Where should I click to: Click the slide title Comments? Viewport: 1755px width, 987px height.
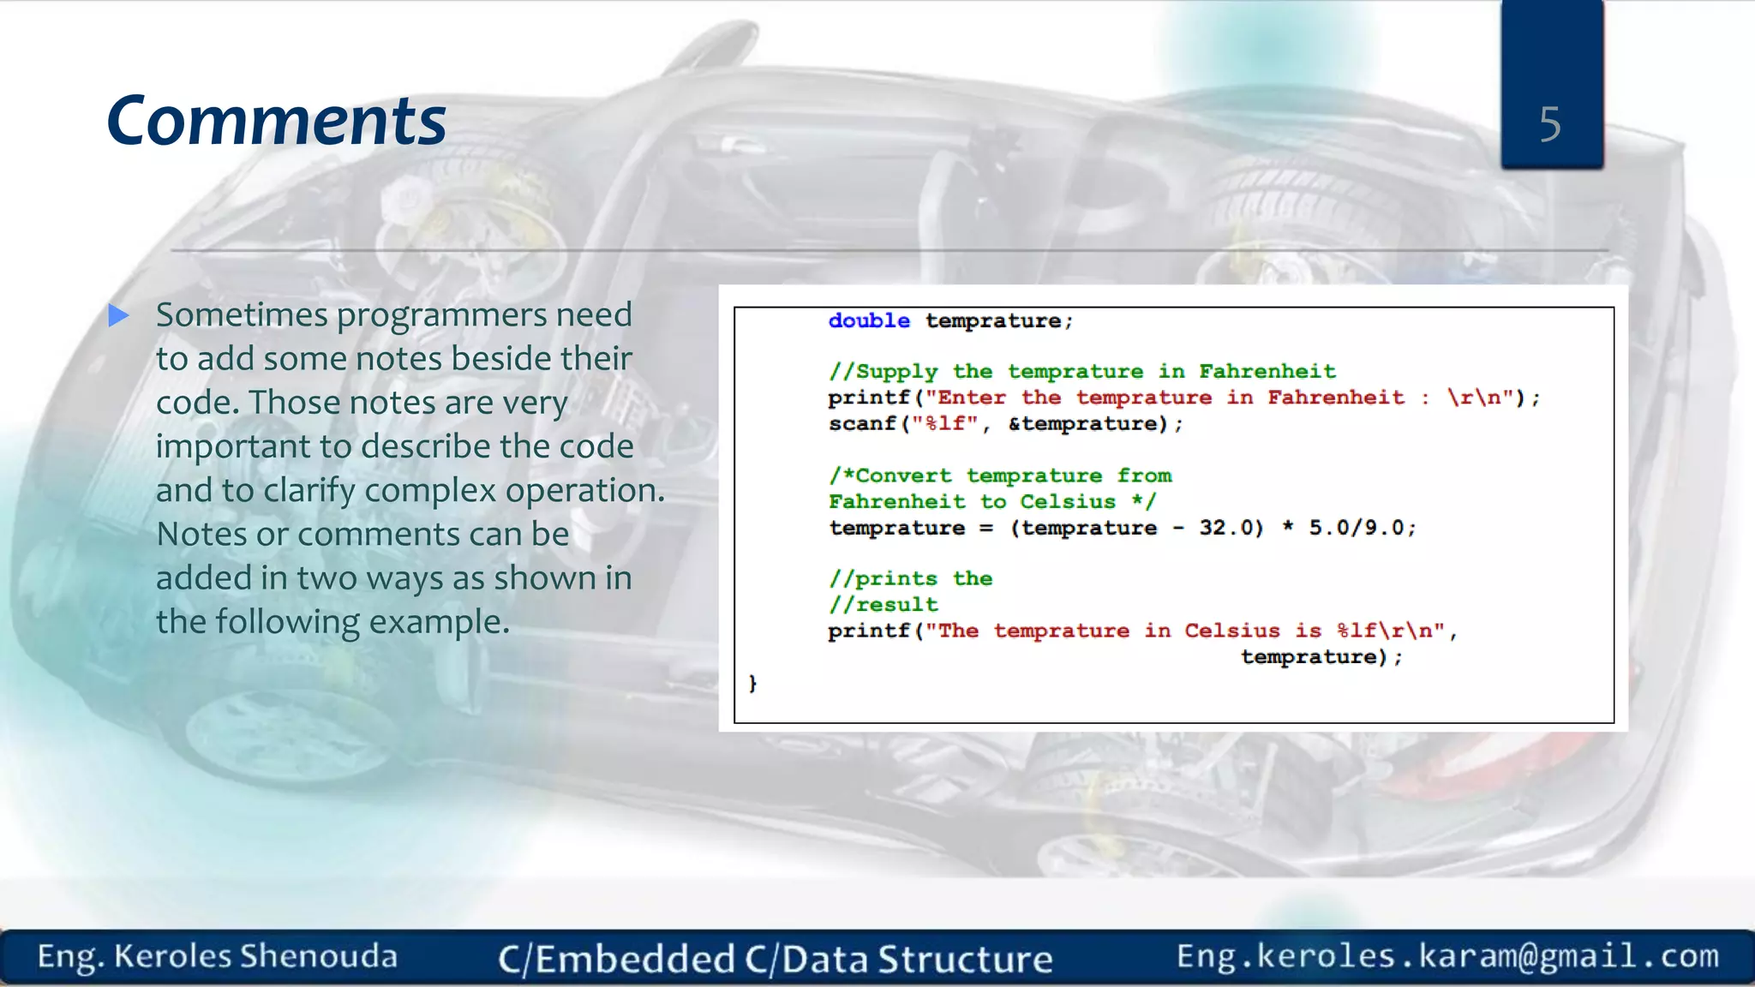coord(276,122)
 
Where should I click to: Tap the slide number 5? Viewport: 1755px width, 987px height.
coord(1549,125)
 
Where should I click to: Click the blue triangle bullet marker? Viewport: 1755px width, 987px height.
coord(119,316)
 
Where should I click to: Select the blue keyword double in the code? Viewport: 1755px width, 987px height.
coord(868,321)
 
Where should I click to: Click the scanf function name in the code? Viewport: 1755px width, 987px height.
coord(861,424)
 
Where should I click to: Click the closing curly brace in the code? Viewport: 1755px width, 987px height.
coord(752,683)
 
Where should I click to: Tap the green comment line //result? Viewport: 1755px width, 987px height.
coord(883,605)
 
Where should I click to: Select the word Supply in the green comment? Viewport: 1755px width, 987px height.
coord(896,372)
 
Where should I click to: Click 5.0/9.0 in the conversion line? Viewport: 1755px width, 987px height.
coord(1361,528)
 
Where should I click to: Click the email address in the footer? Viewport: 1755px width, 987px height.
coord(1447,955)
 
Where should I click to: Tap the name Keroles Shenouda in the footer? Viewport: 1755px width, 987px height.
coord(255,956)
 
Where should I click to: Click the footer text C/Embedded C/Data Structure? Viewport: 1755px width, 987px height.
coord(775,959)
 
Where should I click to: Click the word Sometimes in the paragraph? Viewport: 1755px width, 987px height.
coord(242,315)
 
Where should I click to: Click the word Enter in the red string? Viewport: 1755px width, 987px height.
coord(971,398)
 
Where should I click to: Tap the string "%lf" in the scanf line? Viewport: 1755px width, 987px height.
coord(945,424)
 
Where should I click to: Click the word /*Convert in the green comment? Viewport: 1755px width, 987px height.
coord(889,476)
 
